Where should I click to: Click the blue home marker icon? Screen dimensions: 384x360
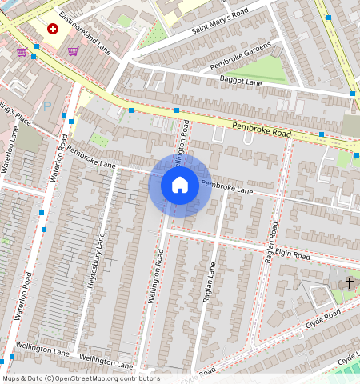click(180, 185)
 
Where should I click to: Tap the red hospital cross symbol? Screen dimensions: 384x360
click(53, 29)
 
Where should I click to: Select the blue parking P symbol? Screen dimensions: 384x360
click(47, 105)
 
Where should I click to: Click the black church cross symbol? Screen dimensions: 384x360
click(349, 282)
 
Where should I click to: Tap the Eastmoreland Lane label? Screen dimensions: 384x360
click(84, 36)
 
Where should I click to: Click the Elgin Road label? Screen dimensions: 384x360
click(289, 255)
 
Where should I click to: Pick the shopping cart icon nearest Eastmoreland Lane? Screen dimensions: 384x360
click(74, 52)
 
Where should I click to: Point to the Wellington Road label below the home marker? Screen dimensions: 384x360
click(156, 275)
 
